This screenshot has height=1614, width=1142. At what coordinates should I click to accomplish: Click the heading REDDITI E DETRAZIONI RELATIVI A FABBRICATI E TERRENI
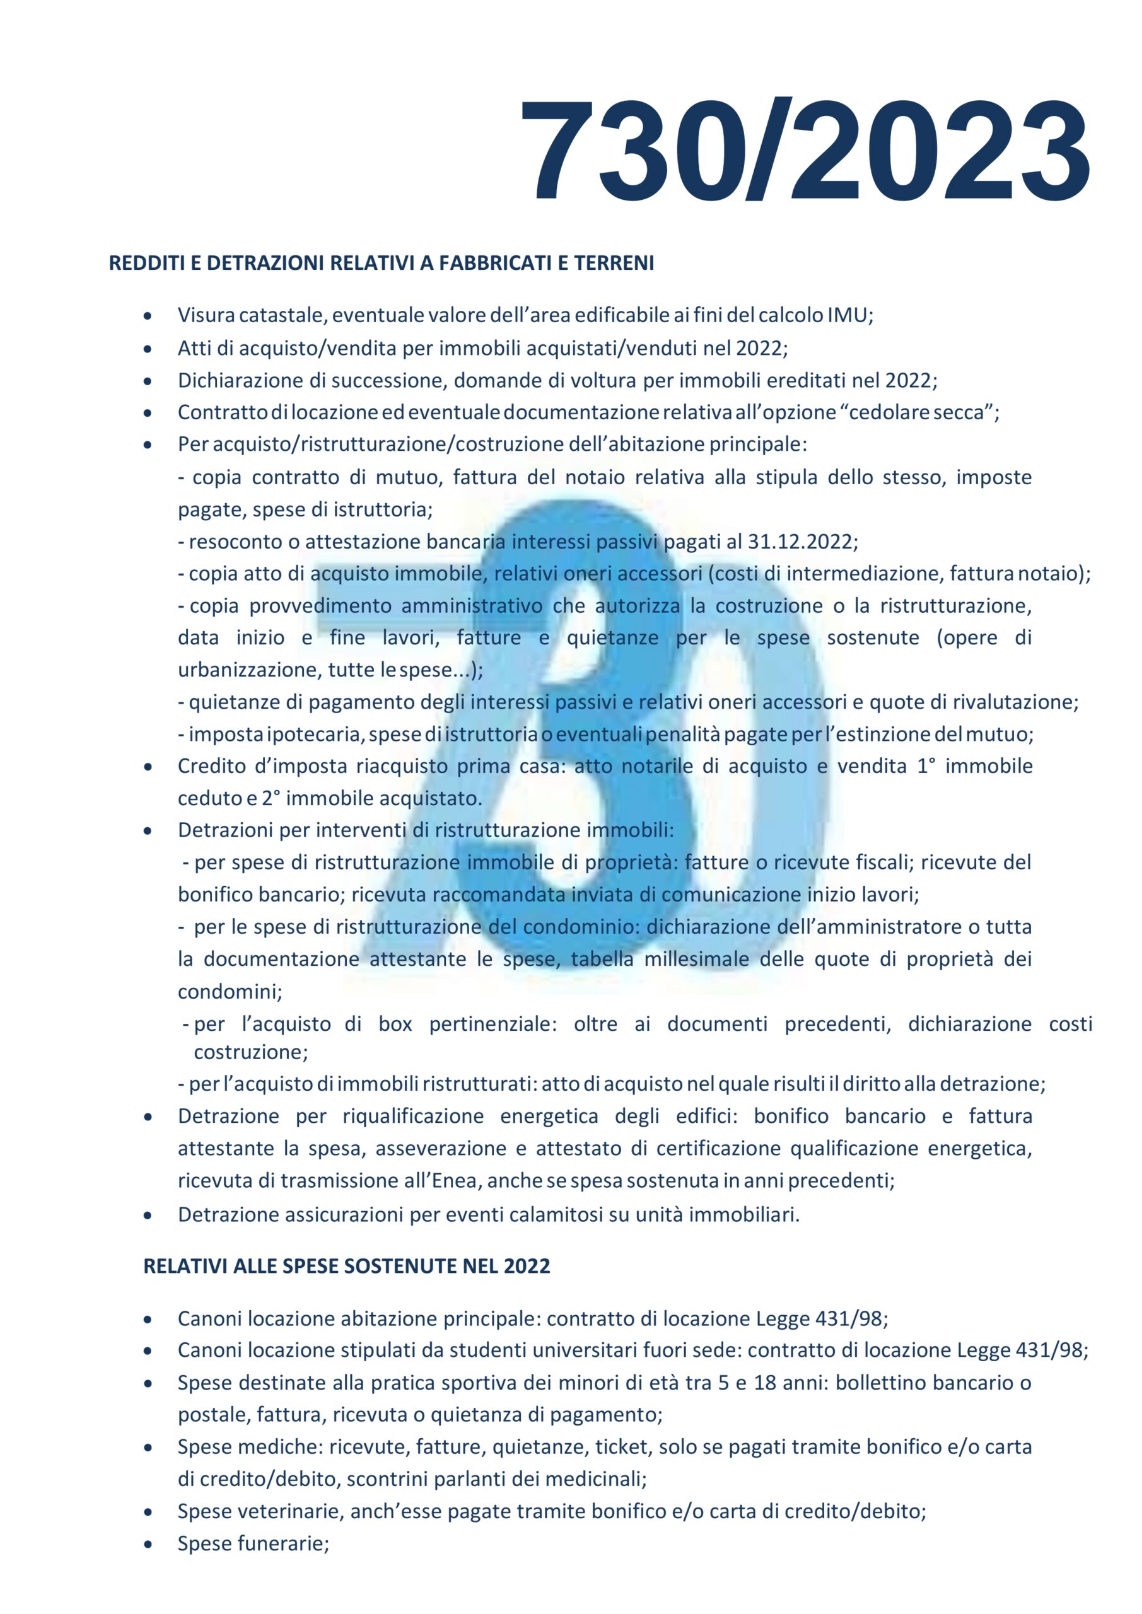pyautogui.click(x=381, y=264)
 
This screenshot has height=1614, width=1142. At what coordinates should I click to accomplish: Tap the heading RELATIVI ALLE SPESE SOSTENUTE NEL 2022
pyautogui.click(x=347, y=1266)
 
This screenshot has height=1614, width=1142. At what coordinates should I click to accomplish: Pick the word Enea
pyautogui.click(x=454, y=1181)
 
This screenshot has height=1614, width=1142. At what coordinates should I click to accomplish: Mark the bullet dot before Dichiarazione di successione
pyautogui.click(x=147, y=381)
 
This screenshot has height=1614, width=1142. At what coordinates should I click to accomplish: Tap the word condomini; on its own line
pyautogui.click(x=230, y=992)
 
